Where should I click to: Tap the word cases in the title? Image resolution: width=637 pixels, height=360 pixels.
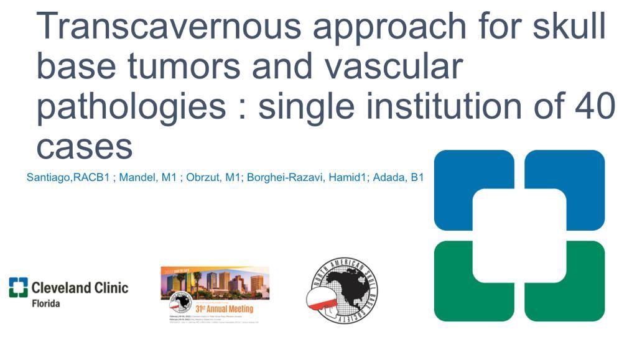pos(85,147)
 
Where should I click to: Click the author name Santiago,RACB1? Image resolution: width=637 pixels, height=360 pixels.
pos(68,178)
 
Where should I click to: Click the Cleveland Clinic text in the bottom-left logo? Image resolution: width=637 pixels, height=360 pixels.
pos(80,287)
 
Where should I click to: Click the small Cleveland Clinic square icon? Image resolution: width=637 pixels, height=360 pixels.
pos(19,287)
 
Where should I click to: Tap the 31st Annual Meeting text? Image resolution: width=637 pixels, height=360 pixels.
pos(225,309)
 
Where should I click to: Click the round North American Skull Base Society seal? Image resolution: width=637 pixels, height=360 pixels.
pos(343,289)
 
